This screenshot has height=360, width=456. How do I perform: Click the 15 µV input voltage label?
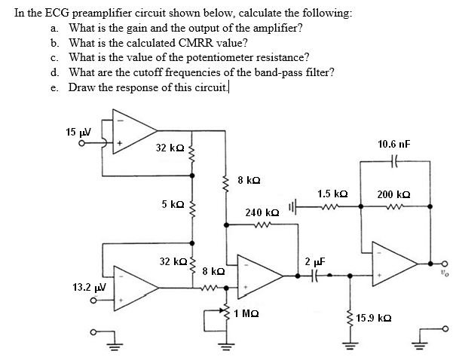coord(78,133)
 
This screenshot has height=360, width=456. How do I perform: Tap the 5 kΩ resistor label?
coord(173,204)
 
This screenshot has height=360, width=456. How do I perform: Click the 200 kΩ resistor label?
coord(393,194)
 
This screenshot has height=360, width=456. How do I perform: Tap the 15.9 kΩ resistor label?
coord(373,319)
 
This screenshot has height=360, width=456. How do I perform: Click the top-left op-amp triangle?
coord(131,135)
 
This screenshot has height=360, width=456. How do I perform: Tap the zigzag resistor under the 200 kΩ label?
coord(393,206)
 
